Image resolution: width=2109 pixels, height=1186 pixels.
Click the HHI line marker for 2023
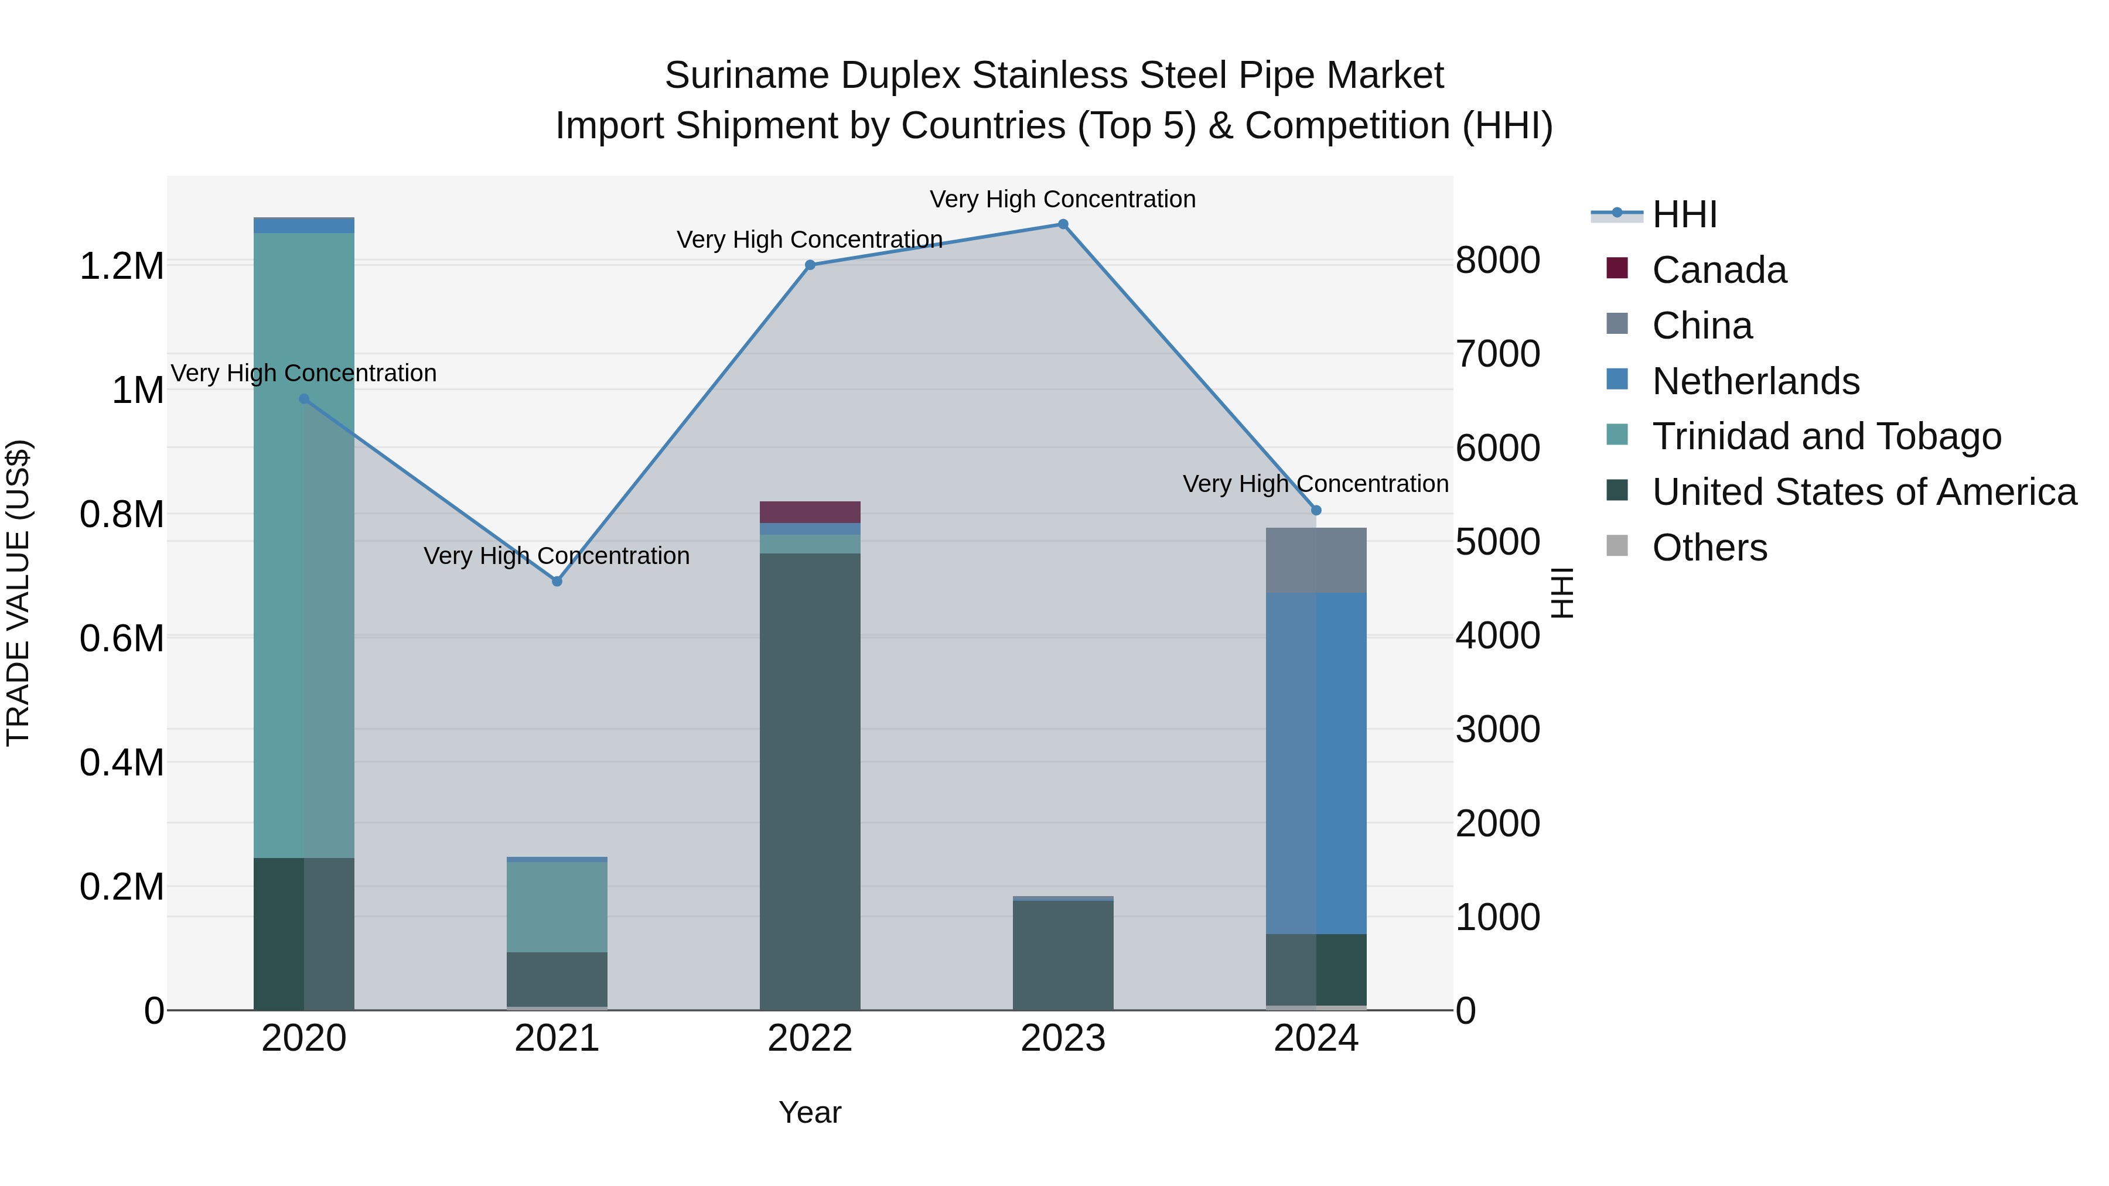click(1063, 224)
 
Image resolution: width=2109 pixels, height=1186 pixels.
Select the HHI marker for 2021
click(557, 581)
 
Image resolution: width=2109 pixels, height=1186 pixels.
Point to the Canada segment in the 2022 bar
click(810, 511)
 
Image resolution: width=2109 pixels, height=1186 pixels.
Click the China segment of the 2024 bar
click(1316, 560)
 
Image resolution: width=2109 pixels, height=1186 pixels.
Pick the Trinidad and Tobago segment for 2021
click(557, 906)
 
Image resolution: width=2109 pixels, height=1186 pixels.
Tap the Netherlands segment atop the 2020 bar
click(303, 225)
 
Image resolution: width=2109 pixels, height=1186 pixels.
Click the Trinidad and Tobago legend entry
click(1825, 436)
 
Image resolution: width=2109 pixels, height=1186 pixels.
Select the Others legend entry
click(1709, 548)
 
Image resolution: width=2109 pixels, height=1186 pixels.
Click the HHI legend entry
click(1684, 214)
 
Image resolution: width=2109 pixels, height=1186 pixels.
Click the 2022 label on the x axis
click(810, 1038)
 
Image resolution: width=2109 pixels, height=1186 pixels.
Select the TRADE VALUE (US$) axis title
click(18, 593)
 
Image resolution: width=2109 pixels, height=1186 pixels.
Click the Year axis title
click(810, 1112)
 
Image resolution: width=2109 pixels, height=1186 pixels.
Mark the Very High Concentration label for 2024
click(1316, 484)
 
